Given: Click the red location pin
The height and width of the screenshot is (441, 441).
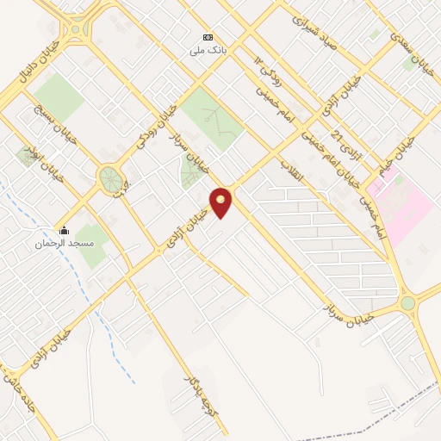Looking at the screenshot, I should [x=222, y=202].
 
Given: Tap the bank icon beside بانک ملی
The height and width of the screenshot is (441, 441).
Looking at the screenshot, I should [x=207, y=38].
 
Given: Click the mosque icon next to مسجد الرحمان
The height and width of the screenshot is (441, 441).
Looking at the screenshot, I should [x=63, y=230].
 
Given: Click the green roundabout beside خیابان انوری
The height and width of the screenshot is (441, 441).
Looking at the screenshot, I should [x=110, y=180].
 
